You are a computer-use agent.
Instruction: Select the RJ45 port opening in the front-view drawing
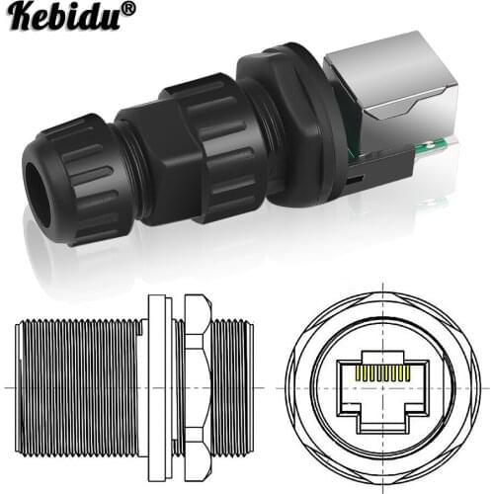(x=387, y=390)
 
